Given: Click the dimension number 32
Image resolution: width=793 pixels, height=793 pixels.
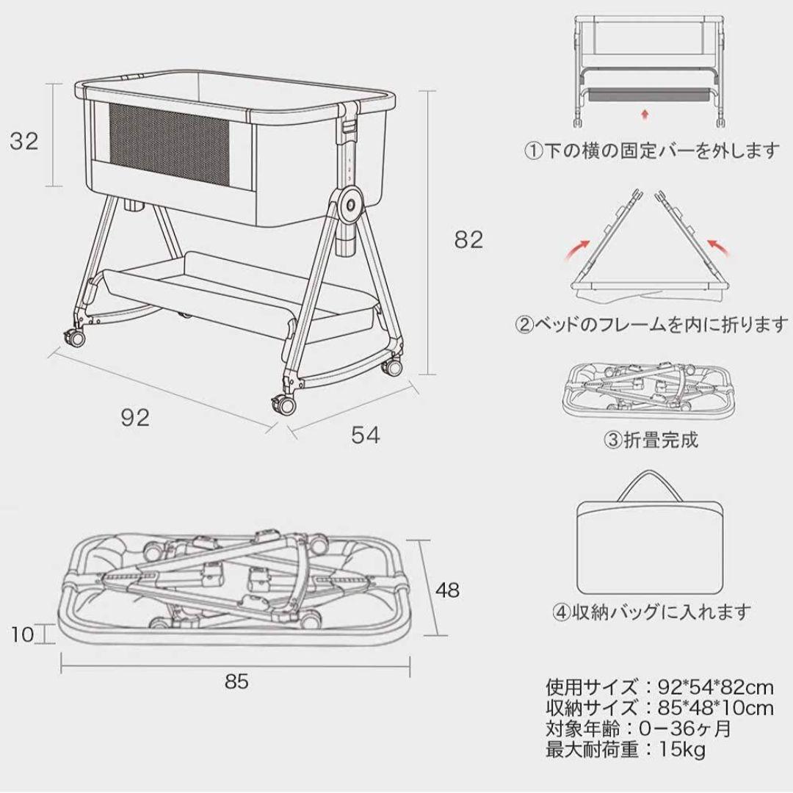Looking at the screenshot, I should click(x=24, y=141).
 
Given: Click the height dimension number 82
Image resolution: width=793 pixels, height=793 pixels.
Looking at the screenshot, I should click(x=468, y=239).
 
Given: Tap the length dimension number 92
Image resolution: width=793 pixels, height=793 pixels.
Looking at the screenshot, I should click(x=134, y=418).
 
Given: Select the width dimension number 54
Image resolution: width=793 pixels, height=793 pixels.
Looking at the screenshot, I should click(x=365, y=435).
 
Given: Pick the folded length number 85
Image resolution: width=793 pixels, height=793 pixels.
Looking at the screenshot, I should click(x=236, y=681).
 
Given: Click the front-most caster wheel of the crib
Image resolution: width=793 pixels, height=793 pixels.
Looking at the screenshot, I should click(x=282, y=403).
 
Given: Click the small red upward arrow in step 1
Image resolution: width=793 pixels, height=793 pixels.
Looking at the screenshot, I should click(x=645, y=114).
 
